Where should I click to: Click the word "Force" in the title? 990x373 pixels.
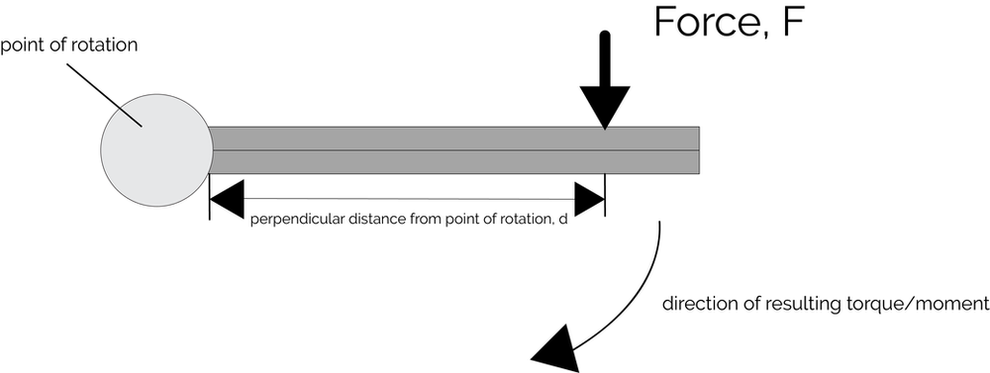tap(704, 23)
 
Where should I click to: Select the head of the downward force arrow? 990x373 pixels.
tap(604, 105)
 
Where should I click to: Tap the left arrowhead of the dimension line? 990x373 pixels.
tap(228, 197)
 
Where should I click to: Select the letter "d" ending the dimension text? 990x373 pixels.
tap(562, 220)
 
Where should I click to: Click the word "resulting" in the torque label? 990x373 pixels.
tap(792, 304)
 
